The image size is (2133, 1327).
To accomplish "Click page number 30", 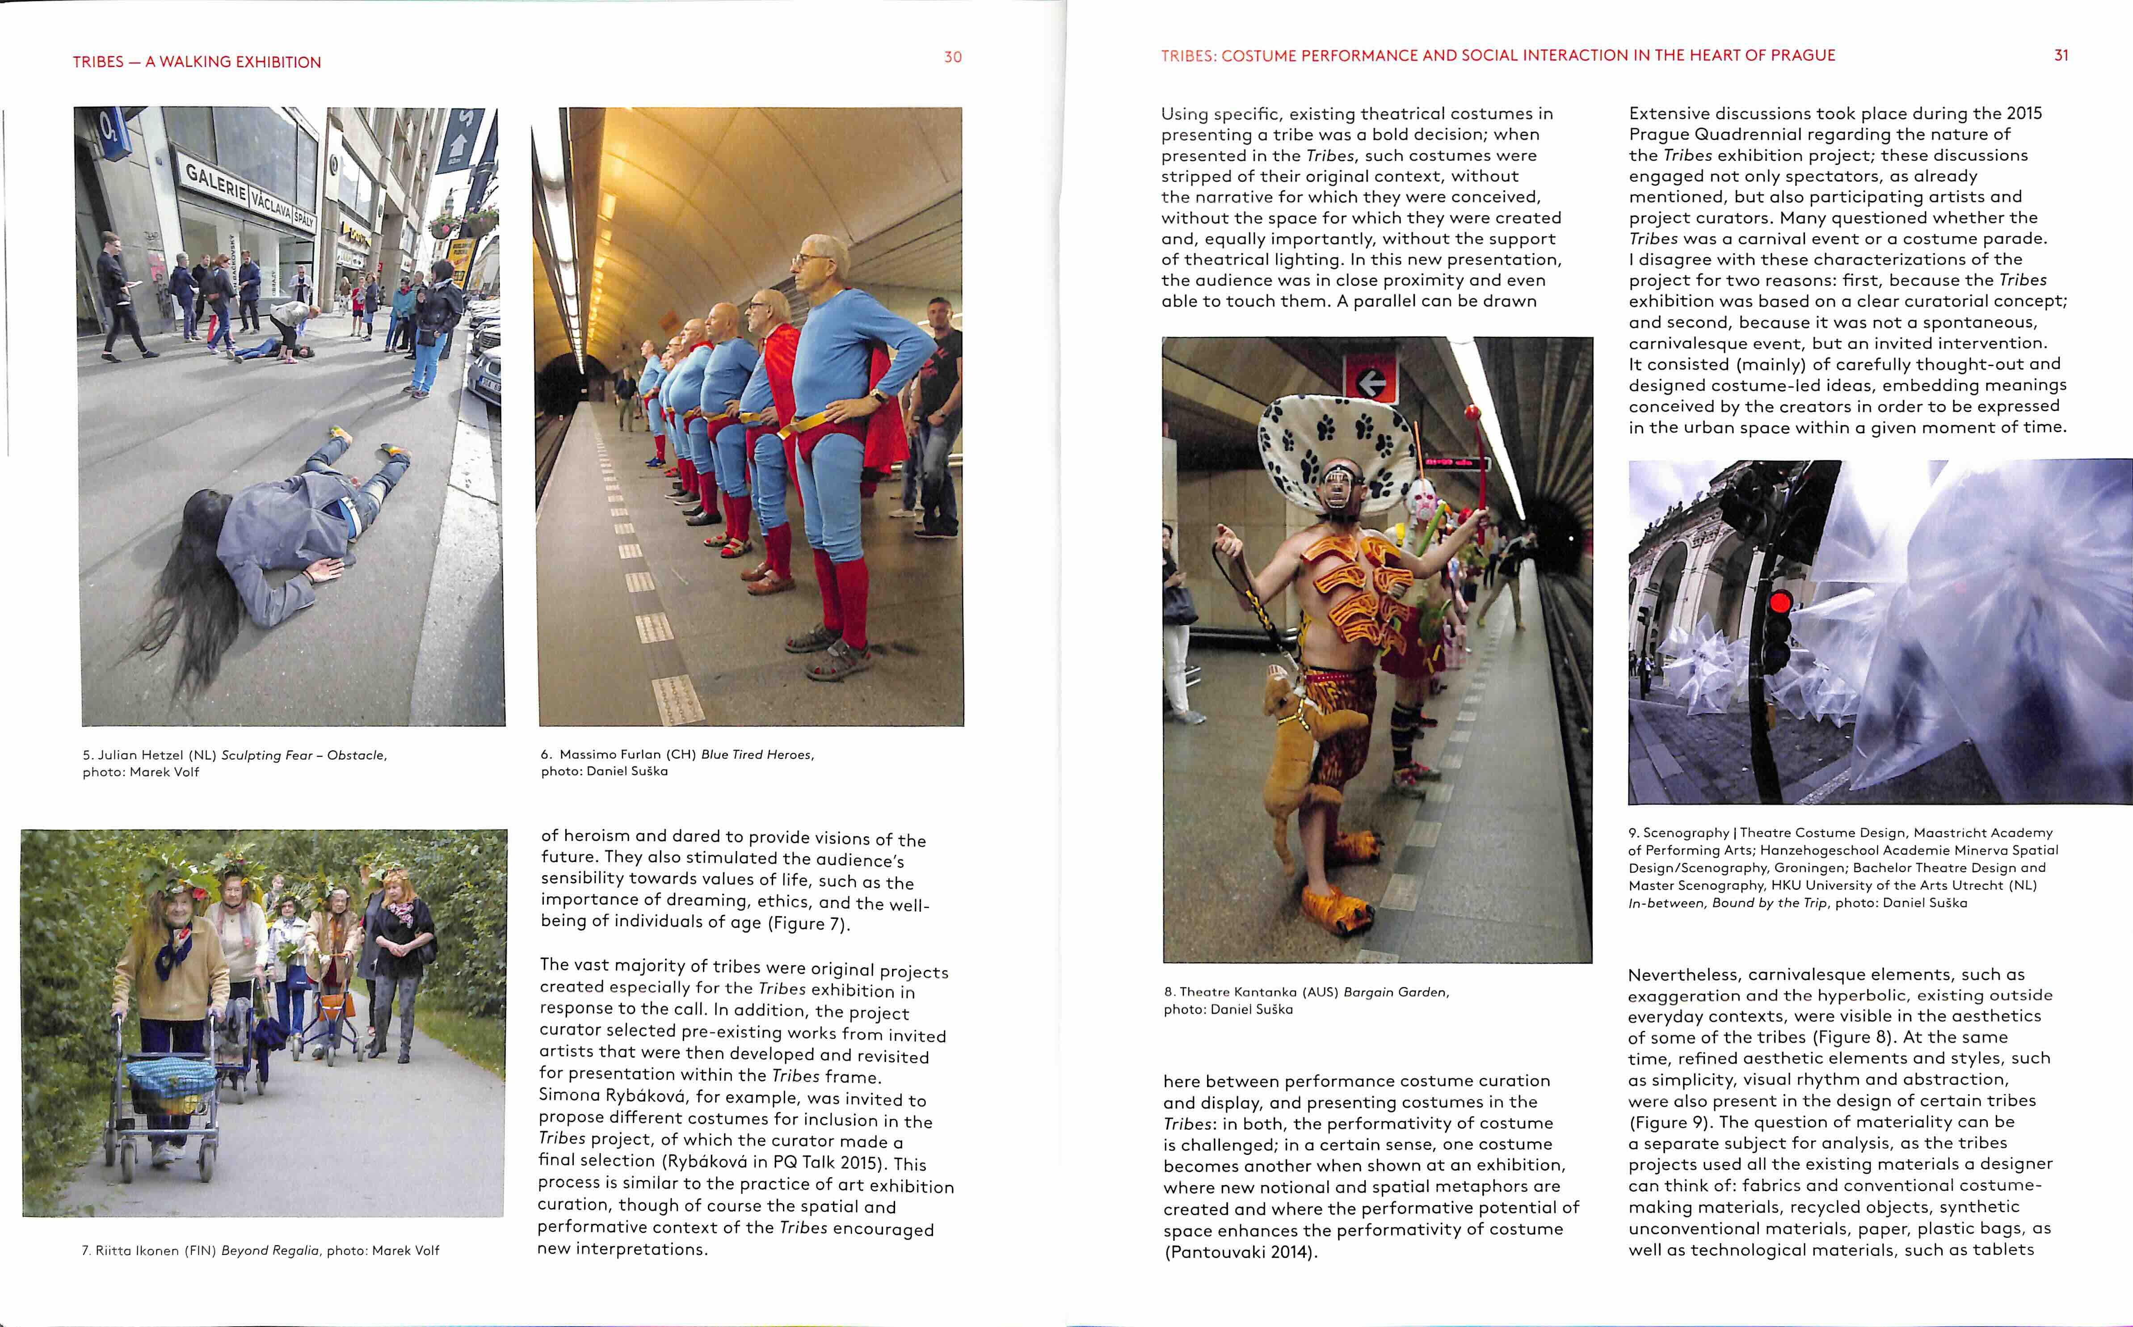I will click(x=952, y=57).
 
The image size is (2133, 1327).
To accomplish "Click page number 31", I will click(x=2061, y=55).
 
